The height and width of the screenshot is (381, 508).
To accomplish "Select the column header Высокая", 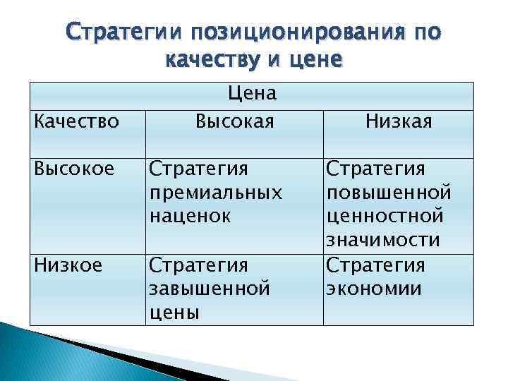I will pyautogui.click(x=234, y=121).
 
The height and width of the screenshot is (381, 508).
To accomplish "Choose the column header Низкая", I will pyautogui.click(x=399, y=121).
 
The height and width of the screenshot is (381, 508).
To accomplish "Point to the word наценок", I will pyautogui.click(x=190, y=217).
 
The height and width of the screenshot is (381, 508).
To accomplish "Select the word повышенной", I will pyautogui.click(x=388, y=193).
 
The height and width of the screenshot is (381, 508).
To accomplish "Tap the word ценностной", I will pyautogui.click(x=385, y=217).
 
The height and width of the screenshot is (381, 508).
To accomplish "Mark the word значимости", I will pyautogui.click(x=382, y=241).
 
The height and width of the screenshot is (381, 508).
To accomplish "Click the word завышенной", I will pyautogui.click(x=210, y=289).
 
